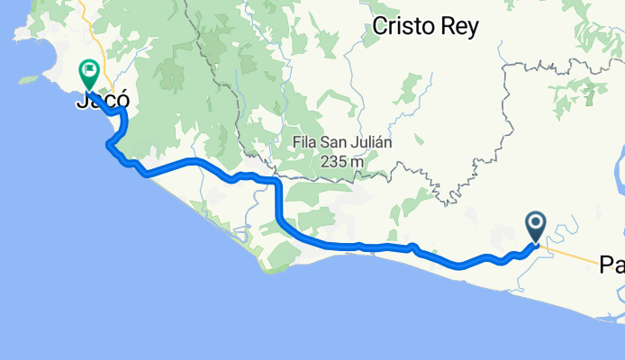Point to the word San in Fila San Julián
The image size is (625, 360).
coord(337,142)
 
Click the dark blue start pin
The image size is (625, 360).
coord(535,223)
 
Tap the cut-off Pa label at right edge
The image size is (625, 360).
coord(613,265)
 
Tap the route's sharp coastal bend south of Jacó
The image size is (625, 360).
coord(110,145)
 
